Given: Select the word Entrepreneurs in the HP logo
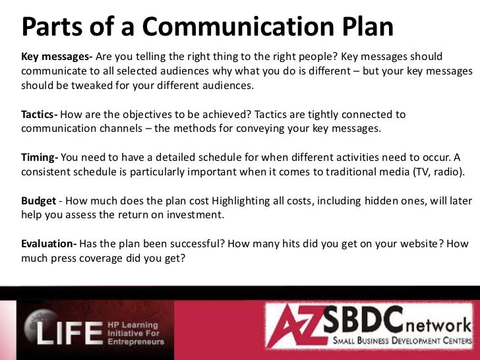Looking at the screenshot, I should click(135, 342).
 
